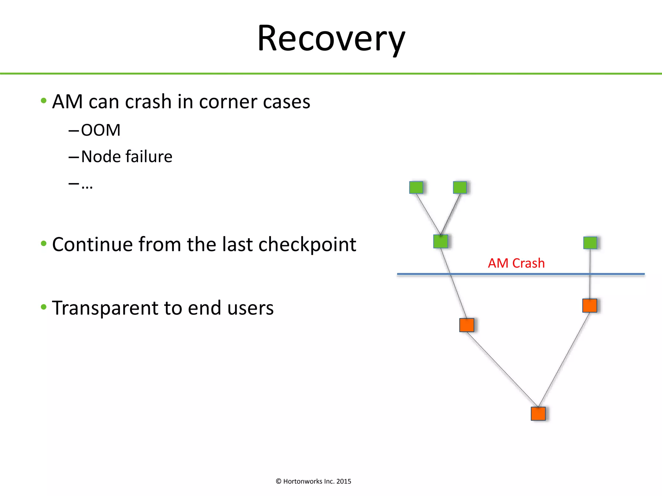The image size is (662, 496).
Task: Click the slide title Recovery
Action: tap(331, 39)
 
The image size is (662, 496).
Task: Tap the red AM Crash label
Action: tap(516, 263)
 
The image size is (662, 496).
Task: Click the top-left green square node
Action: tap(416, 187)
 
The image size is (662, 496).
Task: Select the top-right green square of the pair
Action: tap(460, 187)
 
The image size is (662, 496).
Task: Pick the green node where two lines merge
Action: tap(441, 241)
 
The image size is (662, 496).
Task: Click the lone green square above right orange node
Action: tap(590, 243)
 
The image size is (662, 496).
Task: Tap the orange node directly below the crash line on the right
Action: tap(590, 305)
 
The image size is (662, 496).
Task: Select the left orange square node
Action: tap(467, 325)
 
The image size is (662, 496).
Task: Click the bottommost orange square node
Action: tap(538, 414)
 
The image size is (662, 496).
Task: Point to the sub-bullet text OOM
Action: tap(101, 130)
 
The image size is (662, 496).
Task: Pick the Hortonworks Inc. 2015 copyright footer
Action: tap(314, 481)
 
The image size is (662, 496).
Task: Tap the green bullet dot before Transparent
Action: tap(44, 307)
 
